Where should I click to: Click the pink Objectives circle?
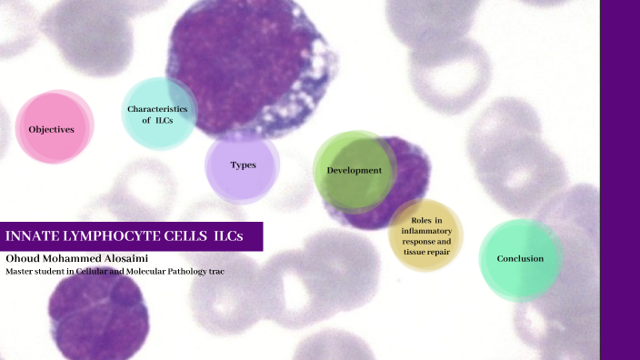[x=53, y=128]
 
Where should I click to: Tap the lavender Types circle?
[x=242, y=165]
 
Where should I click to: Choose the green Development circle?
[x=353, y=170]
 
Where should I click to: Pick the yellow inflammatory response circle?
[x=425, y=235]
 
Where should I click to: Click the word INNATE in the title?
[x=31, y=236]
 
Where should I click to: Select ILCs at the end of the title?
[x=228, y=236]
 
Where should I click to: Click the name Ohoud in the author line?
[x=23, y=258]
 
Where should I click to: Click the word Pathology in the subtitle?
[x=183, y=271]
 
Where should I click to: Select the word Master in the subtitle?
[x=21, y=271]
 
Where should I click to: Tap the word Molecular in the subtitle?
[x=134, y=271]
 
